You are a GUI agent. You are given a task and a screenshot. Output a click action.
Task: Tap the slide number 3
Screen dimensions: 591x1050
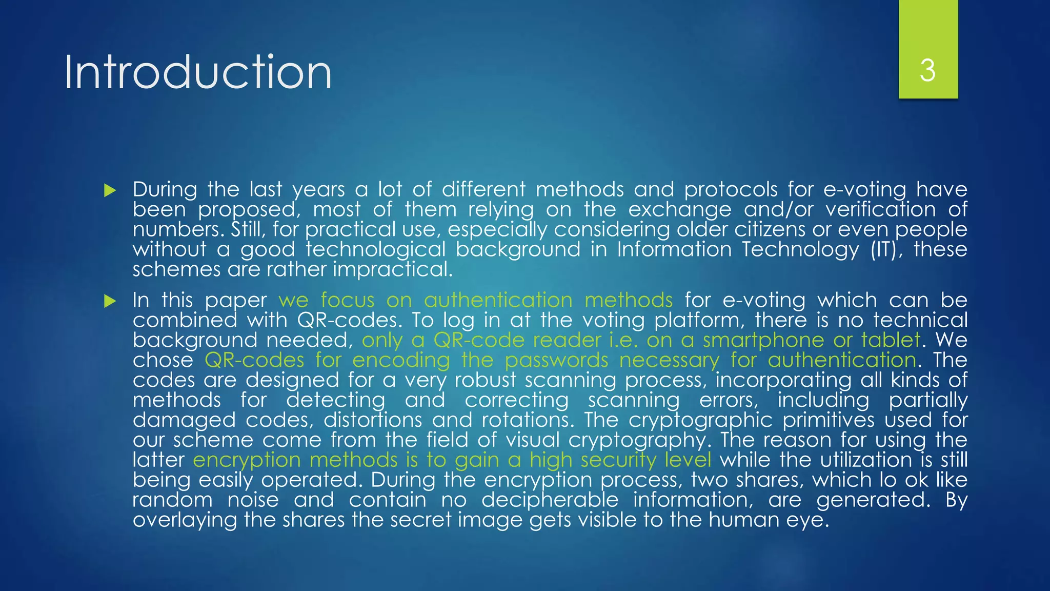coord(927,70)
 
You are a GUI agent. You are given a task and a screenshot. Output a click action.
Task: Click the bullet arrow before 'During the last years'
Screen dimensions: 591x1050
coord(110,191)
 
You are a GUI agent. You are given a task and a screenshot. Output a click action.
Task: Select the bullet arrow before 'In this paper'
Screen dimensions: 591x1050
coord(110,301)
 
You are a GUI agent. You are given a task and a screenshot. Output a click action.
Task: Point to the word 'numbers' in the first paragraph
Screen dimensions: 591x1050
coord(177,229)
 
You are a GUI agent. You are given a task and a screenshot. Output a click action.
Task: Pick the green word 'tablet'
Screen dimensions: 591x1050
coord(891,340)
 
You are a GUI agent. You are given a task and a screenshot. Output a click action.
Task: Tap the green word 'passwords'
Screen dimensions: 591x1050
coord(556,360)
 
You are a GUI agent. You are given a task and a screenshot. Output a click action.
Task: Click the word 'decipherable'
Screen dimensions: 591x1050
coord(550,500)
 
